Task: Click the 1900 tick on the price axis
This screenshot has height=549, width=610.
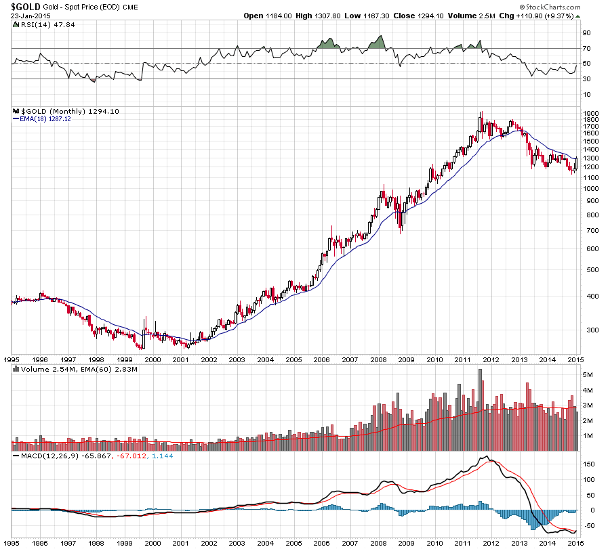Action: tap(590, 113)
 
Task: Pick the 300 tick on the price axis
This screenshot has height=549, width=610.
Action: tap(588, 330)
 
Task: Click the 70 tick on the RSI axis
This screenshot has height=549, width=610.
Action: tap(586, 49)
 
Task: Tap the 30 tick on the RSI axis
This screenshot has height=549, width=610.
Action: tap(586, 79)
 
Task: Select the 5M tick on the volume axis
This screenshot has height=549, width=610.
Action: tap(588, 375)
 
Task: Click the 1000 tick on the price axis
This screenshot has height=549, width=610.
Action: tap(590, 189)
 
